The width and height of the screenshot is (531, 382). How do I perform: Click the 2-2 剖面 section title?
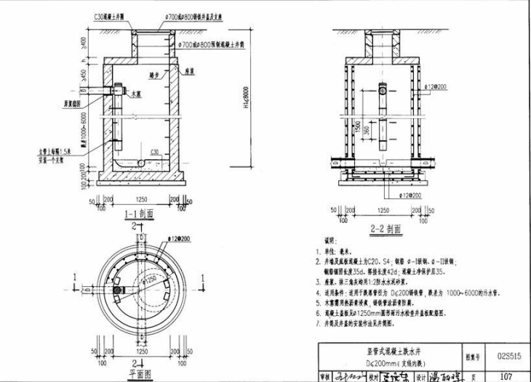[x=387, y=227]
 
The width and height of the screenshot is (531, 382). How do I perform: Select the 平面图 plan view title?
[x=137, y=374]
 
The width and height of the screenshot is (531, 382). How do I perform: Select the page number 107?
[x=507, y=376]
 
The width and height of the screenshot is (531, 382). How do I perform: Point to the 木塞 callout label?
[x=136, y=94]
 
